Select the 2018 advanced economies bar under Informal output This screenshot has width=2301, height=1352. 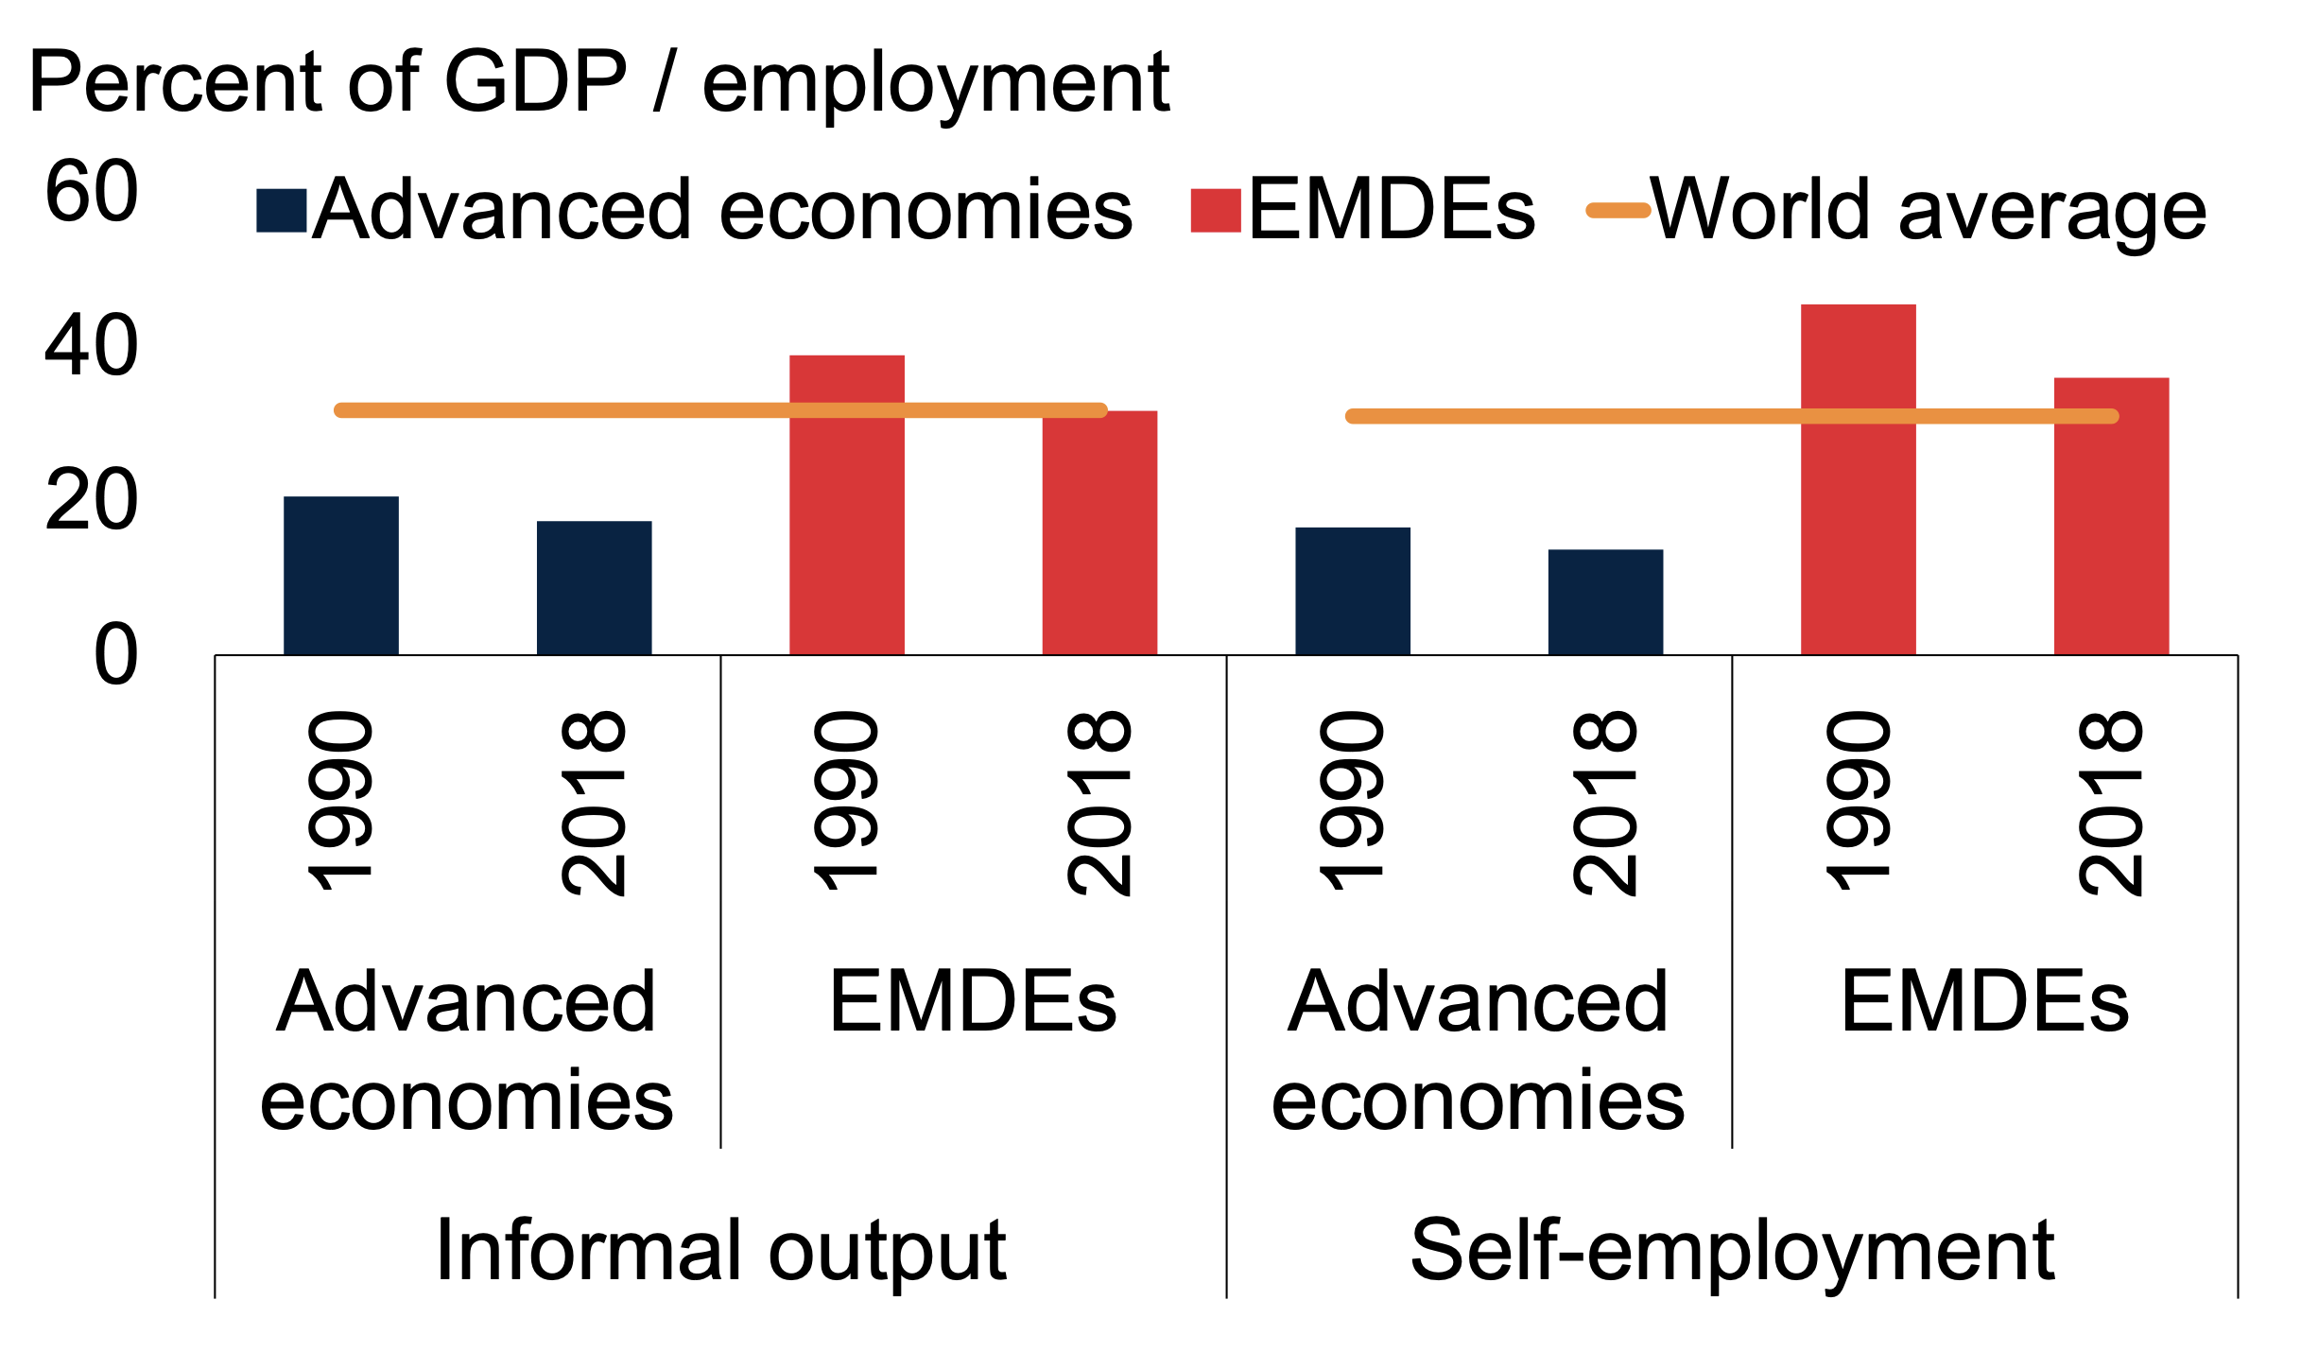pos(594,587)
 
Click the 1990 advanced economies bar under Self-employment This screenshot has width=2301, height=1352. pos(1352,590)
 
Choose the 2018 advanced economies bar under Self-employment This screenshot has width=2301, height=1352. pos(1605,601)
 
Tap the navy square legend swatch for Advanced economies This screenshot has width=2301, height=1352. pos(281,210)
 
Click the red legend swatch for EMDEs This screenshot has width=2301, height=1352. pos(1216,210)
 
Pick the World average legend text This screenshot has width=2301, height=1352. pos(1929,210)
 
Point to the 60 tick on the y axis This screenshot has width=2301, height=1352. pos(92,192)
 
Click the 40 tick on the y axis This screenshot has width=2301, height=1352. pos(92,346)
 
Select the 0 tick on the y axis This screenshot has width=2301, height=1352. pos(115,655)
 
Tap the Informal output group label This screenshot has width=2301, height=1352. pos(720,1250)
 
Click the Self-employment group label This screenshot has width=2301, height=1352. pos(1732,1250)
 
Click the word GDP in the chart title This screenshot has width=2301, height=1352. pos(535,81)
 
